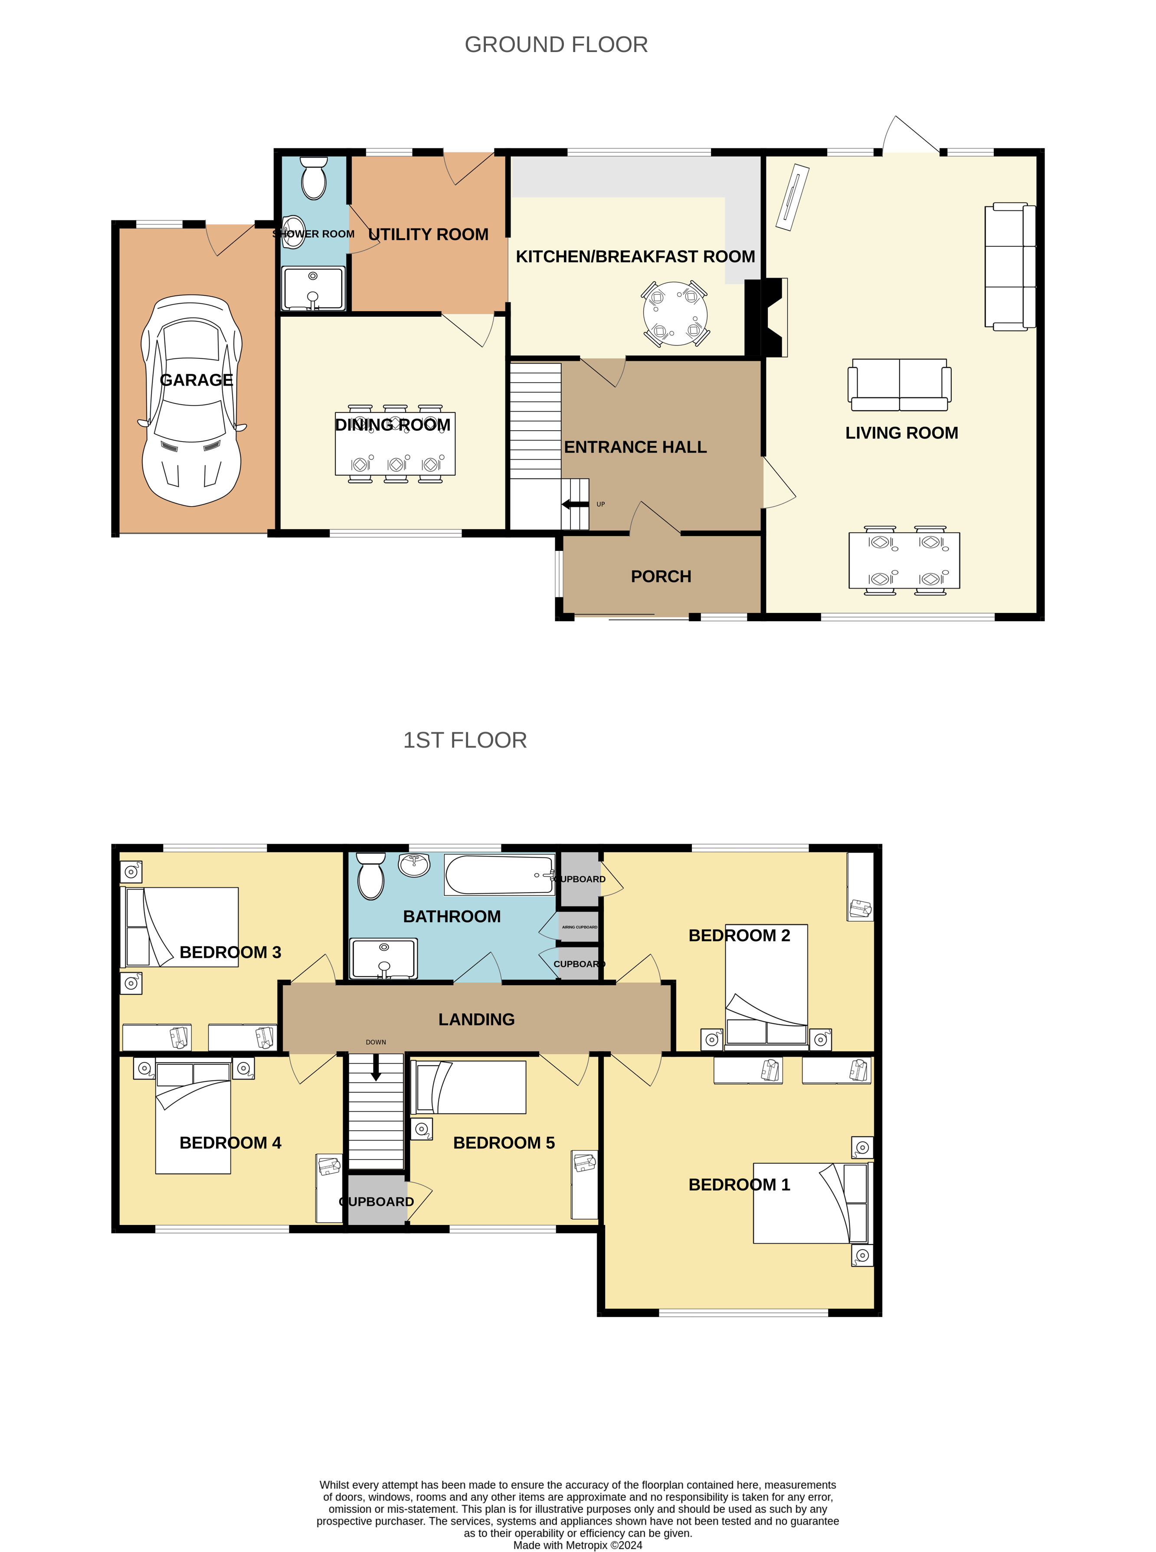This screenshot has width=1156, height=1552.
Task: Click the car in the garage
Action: click(x=192, y=400)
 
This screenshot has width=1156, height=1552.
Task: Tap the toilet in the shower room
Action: click(x=314, y=178)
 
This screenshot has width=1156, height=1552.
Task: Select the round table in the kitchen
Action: click(x=675, y=314)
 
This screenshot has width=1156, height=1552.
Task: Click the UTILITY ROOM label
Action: click(x=428, y=234)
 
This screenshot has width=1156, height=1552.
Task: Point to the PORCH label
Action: click(x=661, y=576)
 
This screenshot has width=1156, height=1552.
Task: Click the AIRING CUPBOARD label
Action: click(x=580, y=927)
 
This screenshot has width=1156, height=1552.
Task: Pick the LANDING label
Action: click(x=477, y=1019)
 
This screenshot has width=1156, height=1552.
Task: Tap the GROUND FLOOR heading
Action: click(x=556, y=45)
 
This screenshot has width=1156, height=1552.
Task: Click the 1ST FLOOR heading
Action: click(x=465, y=740)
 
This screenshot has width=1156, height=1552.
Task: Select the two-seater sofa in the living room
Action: click(x=899, y=385)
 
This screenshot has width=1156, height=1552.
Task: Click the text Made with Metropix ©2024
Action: click(x=578, y=1545)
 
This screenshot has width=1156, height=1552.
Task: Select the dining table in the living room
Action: click(x=904, y=560)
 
